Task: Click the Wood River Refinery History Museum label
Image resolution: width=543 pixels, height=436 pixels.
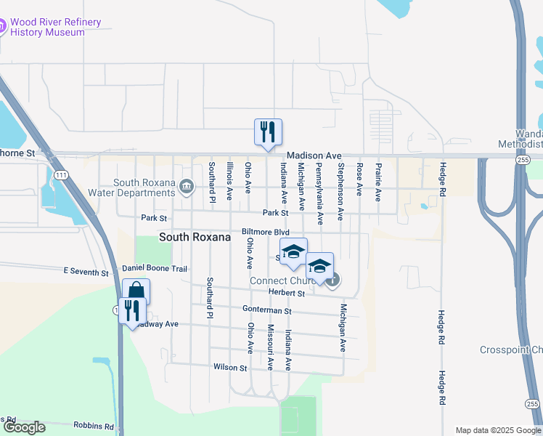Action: click(57, 28)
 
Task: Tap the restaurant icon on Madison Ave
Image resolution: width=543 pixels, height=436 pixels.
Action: click(267, 132)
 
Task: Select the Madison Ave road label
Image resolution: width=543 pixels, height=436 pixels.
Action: click(314, 156)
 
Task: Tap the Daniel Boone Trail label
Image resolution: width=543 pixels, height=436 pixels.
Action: click(154, 269)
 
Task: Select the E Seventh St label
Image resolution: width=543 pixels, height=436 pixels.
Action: click(85, 271)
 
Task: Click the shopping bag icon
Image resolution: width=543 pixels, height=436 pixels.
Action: click(136, 291)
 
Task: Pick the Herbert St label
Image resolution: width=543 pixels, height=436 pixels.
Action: click(286, 293)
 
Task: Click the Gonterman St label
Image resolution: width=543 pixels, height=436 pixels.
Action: click(266, 310)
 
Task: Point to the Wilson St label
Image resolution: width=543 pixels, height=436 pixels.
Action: click(230, 368)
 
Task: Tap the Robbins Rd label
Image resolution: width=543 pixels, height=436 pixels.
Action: click(94, 426)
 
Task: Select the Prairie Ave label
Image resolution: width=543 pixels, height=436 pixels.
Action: click(378, 182)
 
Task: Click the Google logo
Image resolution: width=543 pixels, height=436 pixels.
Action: click(24, 427)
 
